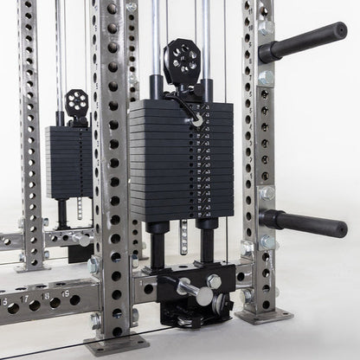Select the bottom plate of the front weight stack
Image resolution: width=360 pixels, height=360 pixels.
coord(170,214)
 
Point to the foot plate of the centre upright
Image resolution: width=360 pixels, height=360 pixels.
coord(116,344)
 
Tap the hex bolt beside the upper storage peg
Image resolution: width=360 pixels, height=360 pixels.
coord(266,28)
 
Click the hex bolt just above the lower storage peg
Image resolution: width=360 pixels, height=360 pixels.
coord(267,193)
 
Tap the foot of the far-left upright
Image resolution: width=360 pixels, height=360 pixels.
coord(32,265)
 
